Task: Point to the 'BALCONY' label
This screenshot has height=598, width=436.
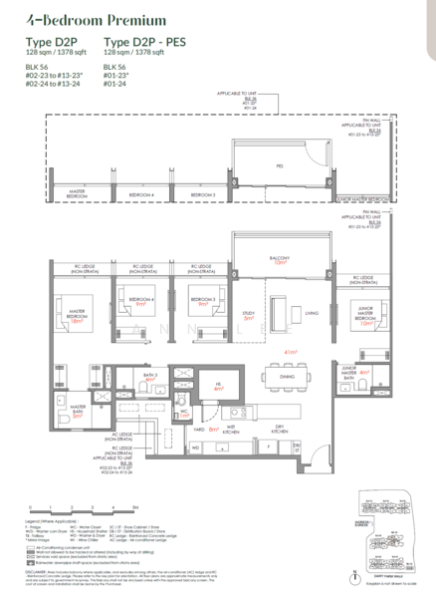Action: (281, 256)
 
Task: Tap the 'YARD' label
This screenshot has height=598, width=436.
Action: (197, 430)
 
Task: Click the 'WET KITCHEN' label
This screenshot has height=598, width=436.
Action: (232, 430)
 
